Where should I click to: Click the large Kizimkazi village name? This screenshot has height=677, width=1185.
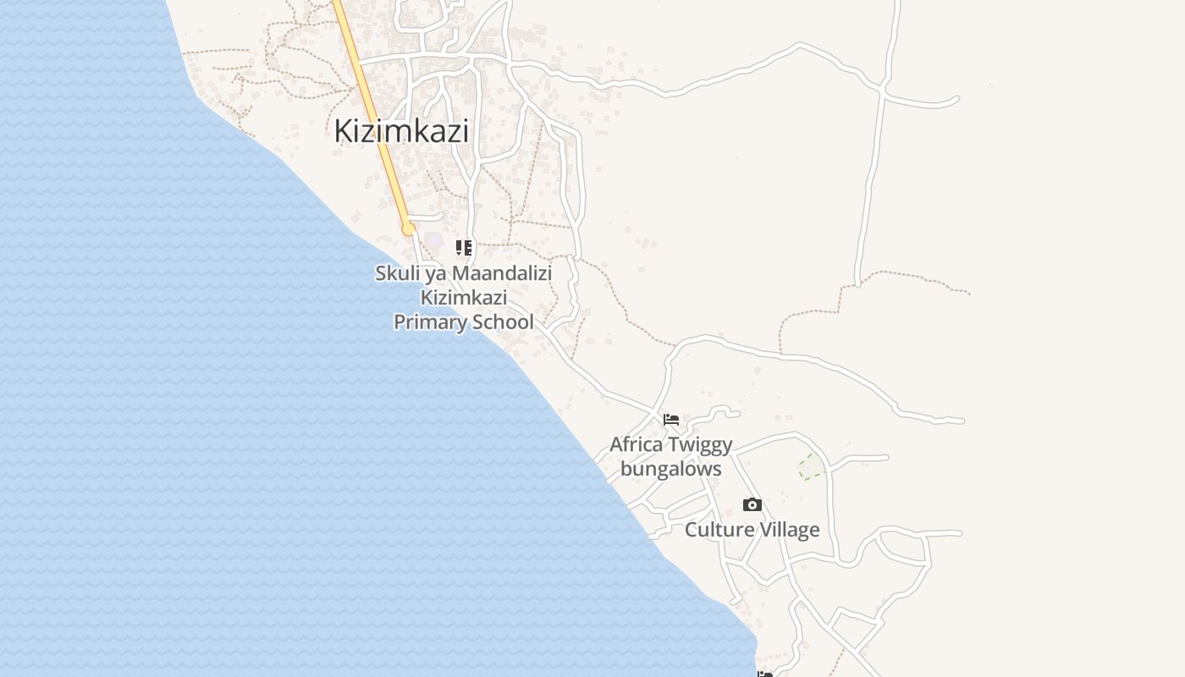pos(401,131)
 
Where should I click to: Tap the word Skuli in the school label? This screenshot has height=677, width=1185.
pos(397,273)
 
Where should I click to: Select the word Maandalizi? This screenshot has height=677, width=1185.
pos(501,273)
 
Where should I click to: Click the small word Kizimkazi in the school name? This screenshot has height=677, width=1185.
pos(464,298)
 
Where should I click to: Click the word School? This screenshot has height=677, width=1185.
pos(504,322)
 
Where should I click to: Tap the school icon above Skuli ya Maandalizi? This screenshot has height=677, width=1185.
pos(464,248)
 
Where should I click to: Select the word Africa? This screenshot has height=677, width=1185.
pos(637,444)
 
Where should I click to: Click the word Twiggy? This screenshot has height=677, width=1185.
pos(700,445)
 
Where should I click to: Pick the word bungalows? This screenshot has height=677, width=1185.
pos(671,469)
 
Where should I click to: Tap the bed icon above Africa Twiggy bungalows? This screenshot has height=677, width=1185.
pos(671,420)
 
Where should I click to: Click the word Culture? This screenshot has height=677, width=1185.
pos(719,530)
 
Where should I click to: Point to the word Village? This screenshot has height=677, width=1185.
pos(790,530)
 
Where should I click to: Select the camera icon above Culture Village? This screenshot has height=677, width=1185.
pos(752,505)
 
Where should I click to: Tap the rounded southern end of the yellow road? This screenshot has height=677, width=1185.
pos(408,229)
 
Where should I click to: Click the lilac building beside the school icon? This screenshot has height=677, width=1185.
pos(436,241)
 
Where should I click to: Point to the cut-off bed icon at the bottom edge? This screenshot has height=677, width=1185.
pos(765,674)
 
